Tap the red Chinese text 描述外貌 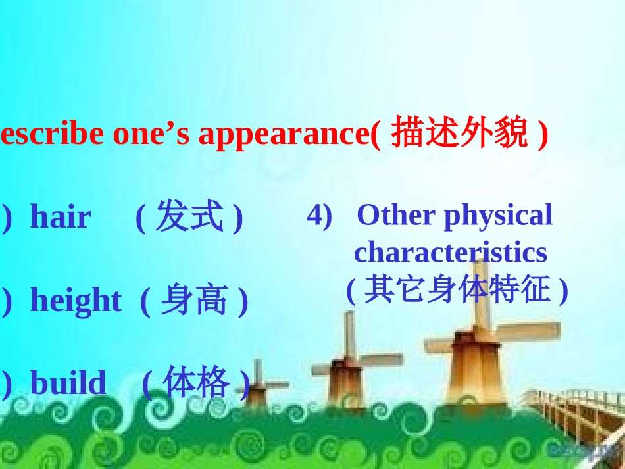(459, 134)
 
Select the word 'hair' (61, 217)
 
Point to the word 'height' (76, 301)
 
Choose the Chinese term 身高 (194, 301)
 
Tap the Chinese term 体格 (195, 383)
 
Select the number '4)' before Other (319, 216)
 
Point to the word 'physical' (498, 216)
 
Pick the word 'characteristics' (450, 252)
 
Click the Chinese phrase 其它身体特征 (457, 289)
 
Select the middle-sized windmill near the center (347, 375)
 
